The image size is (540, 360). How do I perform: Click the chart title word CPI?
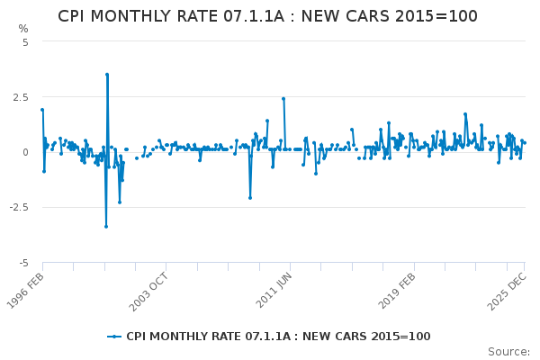click(x=75, y=16)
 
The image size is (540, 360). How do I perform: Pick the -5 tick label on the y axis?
click(x=23, y=263)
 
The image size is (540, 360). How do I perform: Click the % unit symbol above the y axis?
click(x=23, y=29)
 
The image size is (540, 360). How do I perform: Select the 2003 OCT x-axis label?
click(x=148, y=289)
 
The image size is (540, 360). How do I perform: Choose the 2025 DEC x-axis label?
click(x=505, y=289)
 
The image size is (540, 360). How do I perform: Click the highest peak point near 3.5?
click(x=107, y=75)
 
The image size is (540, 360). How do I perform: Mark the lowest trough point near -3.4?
click(x=105, y=226)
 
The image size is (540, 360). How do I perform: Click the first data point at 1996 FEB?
click(x=42, y=110)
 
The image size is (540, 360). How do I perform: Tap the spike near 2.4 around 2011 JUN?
click(x=283, y=99)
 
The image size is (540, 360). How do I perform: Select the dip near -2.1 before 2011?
click(x=250, y=198)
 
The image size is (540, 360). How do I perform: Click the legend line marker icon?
click(x=113, y=337)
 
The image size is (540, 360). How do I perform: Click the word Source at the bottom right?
click(x=508, y=352)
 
